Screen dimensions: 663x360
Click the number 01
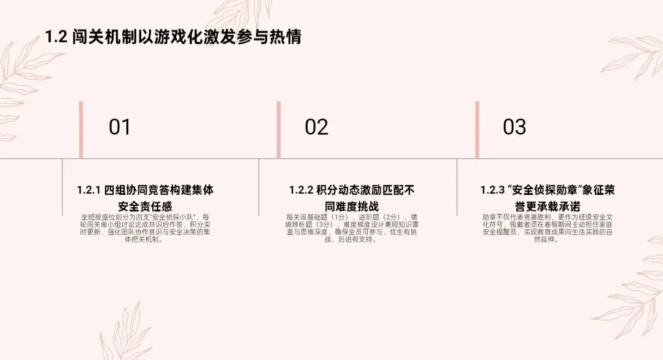tap(120, 127)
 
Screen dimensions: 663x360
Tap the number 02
tap(316, 127)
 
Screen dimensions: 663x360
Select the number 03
tap(514, 127)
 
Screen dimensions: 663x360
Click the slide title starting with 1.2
tap(173, 36)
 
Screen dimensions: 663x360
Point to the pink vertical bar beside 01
tap(81, 130)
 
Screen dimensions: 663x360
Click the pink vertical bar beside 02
tap(278, 130)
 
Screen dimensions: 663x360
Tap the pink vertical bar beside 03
tap(477, 130)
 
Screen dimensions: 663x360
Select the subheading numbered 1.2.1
tap(145, 198)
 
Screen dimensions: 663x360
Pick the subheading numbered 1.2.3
tap(548, 198)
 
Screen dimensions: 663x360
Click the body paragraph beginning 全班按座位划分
tap(145, 229)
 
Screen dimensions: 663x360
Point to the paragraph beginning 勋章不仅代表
tap(548, 229)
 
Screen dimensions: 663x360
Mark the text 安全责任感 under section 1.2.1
tap(145, 206)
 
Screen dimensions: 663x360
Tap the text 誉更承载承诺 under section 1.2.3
tap(548, 206)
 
